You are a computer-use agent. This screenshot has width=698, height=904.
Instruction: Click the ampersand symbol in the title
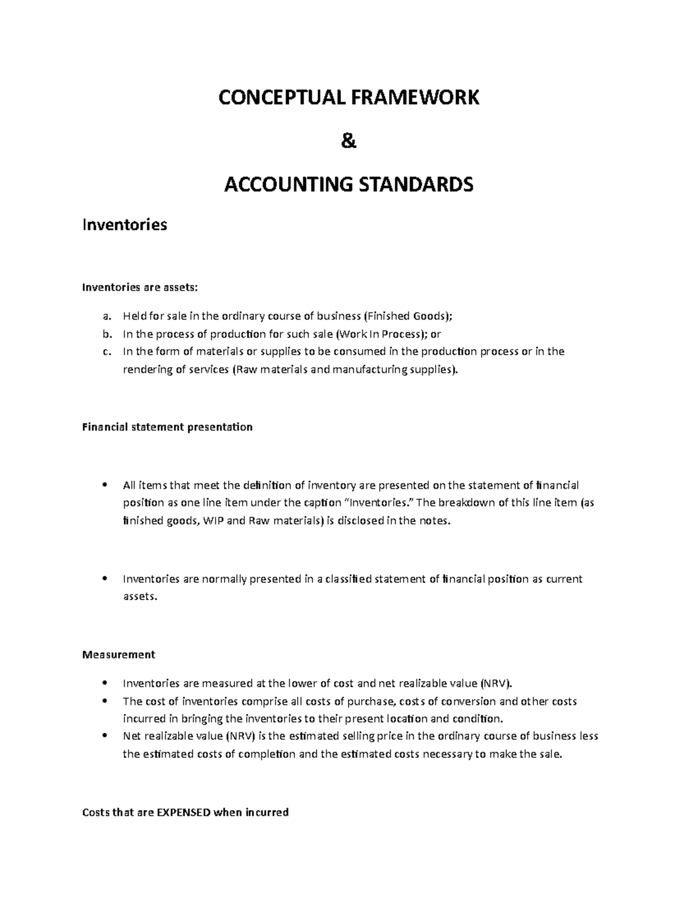(x=348, y=141)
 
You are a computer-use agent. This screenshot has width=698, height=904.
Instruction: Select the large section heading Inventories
(x=124, y=225)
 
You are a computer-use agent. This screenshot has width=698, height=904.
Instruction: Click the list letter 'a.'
(x=105, y=317)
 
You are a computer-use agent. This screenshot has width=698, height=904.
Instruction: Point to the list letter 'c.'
(x=105, y=352)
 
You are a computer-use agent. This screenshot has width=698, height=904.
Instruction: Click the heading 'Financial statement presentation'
(x=168, y=427)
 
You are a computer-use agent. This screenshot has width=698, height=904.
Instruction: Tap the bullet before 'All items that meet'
(x=105, y=485)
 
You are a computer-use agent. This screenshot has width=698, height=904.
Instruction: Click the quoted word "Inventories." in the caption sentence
(x=378, y=504)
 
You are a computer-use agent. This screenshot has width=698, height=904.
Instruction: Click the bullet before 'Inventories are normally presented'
(x=105, y=579)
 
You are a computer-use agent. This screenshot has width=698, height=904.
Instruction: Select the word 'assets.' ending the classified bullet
(x=140, y=597)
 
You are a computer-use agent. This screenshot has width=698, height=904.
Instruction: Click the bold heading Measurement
(x=119, y=655)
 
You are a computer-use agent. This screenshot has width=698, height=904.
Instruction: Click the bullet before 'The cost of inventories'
(x=105, y=701)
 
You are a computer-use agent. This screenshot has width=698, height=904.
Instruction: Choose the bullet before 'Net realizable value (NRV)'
(x=105, y=736)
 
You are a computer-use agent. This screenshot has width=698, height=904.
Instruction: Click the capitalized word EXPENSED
(x=184, y=812)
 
